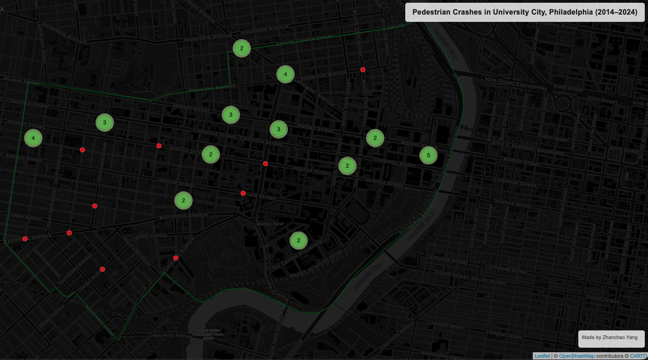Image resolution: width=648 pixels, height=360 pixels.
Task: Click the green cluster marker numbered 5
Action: [428, 155]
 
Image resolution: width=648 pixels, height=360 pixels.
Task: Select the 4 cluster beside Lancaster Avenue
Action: [285, 74]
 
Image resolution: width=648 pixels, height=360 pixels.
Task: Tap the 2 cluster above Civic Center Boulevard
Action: [298, 240]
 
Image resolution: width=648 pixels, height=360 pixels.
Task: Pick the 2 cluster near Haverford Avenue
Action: [242, 48]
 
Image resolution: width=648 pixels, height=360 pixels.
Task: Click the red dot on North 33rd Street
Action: [363, 70]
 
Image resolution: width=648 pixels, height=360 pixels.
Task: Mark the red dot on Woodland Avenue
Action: [176, 258]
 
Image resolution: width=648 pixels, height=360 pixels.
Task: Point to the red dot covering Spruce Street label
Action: [243, 193]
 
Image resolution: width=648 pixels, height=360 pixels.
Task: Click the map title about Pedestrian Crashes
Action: [524, 12]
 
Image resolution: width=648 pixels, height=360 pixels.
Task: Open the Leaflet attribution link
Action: [542, 356]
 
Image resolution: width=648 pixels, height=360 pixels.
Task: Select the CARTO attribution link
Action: [638, 356]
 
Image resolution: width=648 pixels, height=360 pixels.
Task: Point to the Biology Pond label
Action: [270, 224]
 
